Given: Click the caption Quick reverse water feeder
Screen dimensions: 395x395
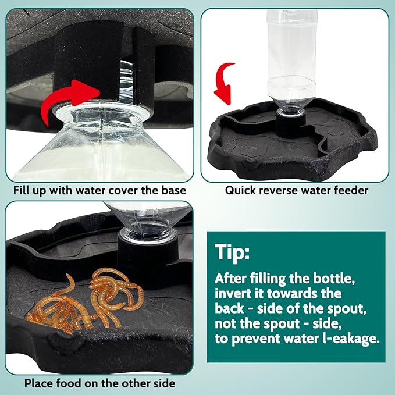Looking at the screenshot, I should point(297,190).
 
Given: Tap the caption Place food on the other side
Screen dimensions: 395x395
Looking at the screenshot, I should point(99,383).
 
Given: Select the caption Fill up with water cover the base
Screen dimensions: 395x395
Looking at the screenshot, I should point(100,190).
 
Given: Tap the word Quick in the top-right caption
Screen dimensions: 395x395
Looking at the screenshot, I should point(241,190).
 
